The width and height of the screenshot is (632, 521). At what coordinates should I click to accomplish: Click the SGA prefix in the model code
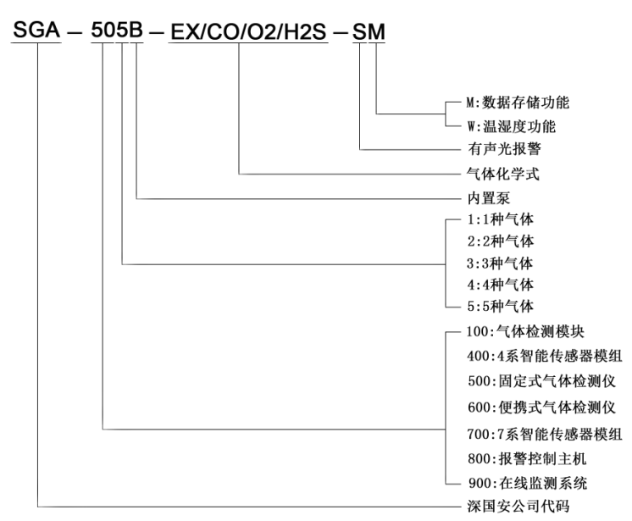[x=36, y=30]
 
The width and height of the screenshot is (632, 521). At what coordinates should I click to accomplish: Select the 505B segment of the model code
[x=117, y=30]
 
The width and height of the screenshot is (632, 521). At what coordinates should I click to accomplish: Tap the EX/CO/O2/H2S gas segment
[x=248, y=31]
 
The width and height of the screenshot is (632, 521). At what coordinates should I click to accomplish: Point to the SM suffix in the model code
[x=369, y=31]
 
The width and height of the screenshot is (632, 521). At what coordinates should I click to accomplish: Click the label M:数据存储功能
[x=518, y=103]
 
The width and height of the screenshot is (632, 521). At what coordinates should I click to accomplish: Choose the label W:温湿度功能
[x=511, y=126]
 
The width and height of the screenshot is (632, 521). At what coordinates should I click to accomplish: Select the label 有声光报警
[x=504, y=149]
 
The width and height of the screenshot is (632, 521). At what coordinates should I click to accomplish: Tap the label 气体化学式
[x=502, y=174]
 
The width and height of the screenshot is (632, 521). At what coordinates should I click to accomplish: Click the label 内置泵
[x=489, y=198]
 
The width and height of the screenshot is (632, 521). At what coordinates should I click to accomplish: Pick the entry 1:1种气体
[x=500, y=219]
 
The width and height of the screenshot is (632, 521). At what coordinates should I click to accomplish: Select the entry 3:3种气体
[x=500, y=263]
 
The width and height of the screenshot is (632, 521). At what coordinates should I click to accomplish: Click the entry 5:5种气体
[x=500, y=306]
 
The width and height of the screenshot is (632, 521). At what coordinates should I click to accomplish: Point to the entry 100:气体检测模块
[x=525, y=331]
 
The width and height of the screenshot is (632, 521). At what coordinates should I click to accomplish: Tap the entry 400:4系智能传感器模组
[x=545, y=356]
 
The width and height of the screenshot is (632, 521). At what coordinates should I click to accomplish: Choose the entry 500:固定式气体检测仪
[x=541, y=380]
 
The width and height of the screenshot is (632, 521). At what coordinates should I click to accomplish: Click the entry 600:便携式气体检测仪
[x=541, y=407]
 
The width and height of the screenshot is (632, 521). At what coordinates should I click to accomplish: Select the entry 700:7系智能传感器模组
[x=545, y=434]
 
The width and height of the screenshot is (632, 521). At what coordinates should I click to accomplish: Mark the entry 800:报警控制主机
[x=527, y=458]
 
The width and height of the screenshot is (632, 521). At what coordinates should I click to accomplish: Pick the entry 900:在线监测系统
[x=527, y=483]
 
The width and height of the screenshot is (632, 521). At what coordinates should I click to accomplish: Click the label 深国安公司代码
[x=518, y=506]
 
